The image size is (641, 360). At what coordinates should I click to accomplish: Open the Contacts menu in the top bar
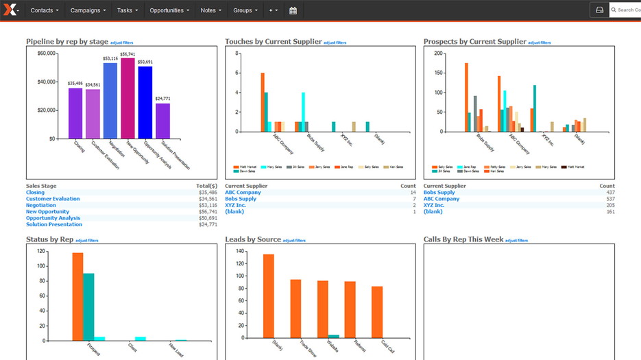pyautogui.click(x=45, y=10)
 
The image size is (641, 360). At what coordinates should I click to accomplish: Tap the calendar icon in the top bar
pyautogui.click(x=293, y=10)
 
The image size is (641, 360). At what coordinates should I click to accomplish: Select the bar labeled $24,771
pyautogui.click(x=162, y=121)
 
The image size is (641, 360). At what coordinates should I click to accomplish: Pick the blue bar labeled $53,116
pyautogui.click(x=110, y=101)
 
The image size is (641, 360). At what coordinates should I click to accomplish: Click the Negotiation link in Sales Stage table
pyautogui.click(x=41, y=205)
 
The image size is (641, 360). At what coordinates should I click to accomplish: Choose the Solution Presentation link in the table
pyautogui.click(x=54, y=224)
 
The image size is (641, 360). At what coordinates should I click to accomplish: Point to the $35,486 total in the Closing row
pyautogui.click(x=208, y=193)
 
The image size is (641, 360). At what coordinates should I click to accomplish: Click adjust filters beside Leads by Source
pyautogui.click(x=294, y=241)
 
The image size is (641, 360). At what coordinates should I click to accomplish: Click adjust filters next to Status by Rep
pyautogui.click(x=86, y=241)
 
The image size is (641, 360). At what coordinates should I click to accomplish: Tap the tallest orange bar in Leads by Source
pyautogui.click(x=268, y=296)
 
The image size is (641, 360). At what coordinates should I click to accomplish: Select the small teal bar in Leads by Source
pyautogui.click(x=333, y=336)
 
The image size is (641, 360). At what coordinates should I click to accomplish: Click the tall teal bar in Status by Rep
pyautogui.click(x=88, y=307)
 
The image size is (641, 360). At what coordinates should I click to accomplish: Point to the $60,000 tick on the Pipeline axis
pyautogui.click(x=47, y=53)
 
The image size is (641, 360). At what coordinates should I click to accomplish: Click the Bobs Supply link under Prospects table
pyautogui.click(x=439, y=193)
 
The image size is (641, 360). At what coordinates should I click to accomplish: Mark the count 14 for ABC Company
pyautogui.click(x=413, y=193)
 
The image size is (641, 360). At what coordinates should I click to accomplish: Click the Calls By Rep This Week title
pyautogui.click(x=463, y=239)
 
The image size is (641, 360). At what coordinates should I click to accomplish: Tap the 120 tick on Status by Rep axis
pyautogui.click(x=41, y=251)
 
